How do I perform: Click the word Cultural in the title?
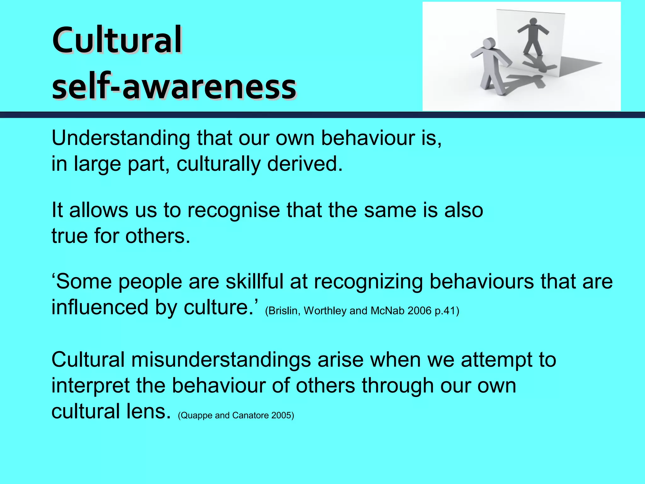117,40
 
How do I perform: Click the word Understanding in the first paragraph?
121,138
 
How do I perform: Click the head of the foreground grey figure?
489,43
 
